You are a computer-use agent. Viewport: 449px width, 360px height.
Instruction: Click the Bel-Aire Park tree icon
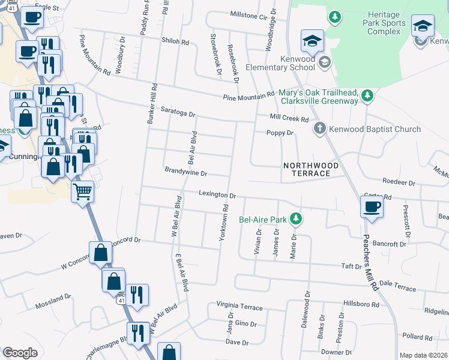[x=295, y=219]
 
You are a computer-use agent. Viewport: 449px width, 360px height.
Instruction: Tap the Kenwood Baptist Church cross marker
[x=320, y=128]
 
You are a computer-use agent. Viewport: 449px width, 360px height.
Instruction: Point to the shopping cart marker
[x=82, y=192]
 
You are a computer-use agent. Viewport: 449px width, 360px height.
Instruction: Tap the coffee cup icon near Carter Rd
[x=372, y=208]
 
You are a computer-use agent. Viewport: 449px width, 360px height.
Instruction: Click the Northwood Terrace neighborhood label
[x=307, y=169]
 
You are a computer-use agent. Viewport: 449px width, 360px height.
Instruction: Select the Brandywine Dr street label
[x=185, y=172]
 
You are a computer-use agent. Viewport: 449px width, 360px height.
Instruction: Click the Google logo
[x=20, y=353]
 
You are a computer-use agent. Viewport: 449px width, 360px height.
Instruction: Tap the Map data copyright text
[x=423, y=355]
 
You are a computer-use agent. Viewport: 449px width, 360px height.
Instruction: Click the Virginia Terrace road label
[x=240, y=307]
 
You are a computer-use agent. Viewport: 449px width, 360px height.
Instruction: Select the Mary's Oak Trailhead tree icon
[x=366, y=95]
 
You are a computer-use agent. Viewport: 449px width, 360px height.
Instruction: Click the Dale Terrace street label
[x=397, y=288]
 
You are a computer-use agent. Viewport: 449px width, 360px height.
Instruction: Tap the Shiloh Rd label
[x=175, y=43]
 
